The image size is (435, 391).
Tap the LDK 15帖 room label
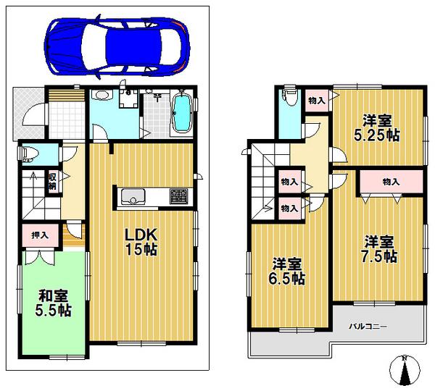point(142,242)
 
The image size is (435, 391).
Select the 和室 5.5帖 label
point(54,303)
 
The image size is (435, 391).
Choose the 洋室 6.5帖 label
point(288,272)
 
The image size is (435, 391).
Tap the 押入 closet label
point(39,235)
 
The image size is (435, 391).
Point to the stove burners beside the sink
point(178,195)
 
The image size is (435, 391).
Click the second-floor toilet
point(289,98)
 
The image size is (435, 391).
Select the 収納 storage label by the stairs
point(52,180)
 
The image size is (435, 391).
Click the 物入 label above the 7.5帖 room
point(391,181)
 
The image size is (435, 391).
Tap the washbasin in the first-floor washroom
point(101,100)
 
